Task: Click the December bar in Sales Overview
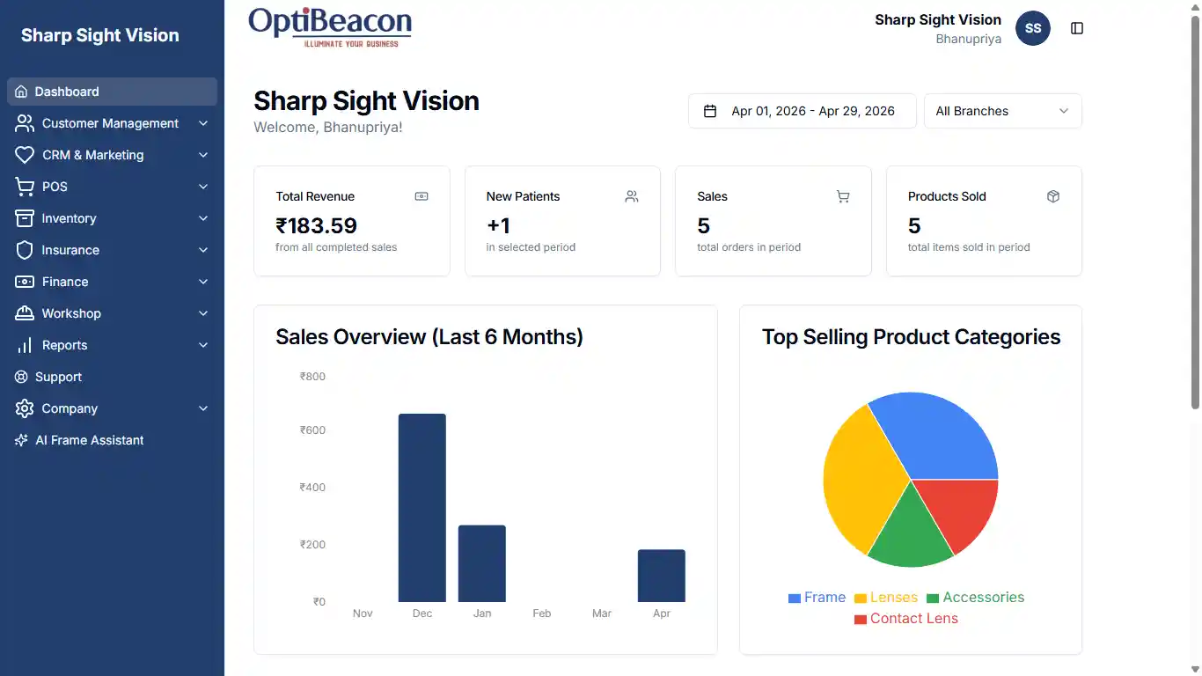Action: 422,508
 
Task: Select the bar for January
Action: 482,563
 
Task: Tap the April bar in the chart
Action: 662,576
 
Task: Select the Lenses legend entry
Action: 886,598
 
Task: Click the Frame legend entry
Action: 817,598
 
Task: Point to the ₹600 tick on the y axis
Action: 312,430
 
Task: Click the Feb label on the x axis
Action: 542,614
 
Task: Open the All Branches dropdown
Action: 1002,111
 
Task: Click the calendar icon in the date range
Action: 710,111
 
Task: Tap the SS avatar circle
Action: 1033,28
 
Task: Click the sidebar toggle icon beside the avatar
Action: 1077,28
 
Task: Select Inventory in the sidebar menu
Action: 69,218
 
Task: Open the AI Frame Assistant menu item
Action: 89,440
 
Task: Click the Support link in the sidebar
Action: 58,377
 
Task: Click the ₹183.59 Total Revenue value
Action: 316,226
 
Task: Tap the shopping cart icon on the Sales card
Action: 843,196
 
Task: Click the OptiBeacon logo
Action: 330,26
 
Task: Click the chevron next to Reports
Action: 203,345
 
